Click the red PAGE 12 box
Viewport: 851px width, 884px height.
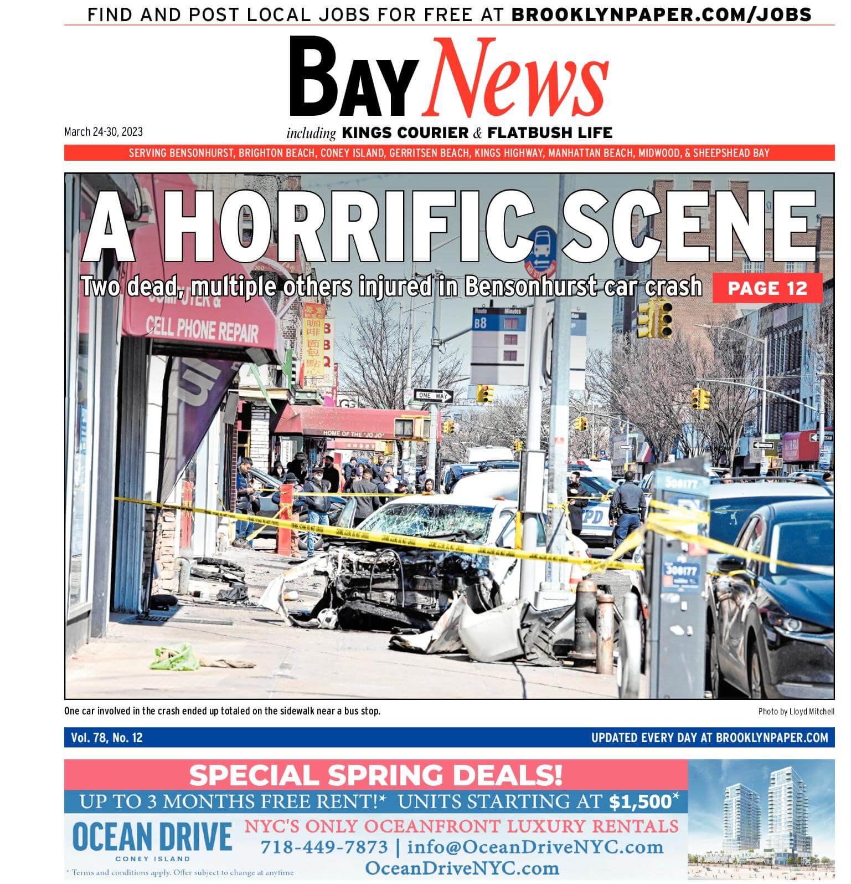point(767,288)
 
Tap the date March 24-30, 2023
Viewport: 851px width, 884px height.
point(104,132)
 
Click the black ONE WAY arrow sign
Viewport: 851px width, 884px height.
point(434,396)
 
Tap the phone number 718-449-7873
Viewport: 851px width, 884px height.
point(324,847)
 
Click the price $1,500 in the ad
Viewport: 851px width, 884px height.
point(640,802)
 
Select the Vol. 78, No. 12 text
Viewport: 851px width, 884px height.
point(107,738)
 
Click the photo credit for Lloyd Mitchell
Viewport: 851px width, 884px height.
point(796,712)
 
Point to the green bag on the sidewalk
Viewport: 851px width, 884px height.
point(175,657)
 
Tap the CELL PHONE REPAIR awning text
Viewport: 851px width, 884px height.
point(202,330)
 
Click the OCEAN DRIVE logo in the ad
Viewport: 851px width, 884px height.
point(152,837)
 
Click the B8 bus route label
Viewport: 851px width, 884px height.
point(480,323)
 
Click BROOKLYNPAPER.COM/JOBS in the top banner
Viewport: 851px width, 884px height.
point(661,14)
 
